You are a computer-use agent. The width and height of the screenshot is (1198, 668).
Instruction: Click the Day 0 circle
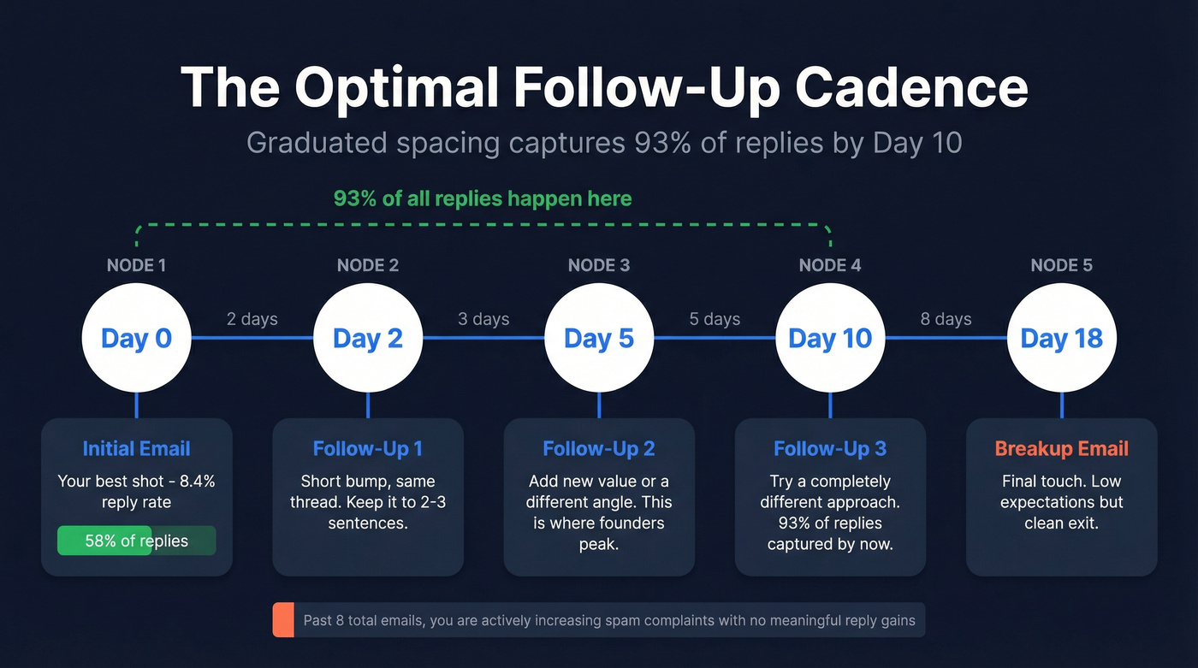click(136, 338)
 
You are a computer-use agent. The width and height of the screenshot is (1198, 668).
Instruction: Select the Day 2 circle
click(368, 338)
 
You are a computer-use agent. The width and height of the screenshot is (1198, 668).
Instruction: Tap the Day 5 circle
click(599, 338)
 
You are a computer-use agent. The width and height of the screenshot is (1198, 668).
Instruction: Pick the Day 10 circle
click(830, 338)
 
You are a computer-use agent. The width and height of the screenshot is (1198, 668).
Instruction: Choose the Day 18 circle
click(1061, 338)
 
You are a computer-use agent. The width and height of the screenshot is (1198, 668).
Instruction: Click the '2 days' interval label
click(252, 319)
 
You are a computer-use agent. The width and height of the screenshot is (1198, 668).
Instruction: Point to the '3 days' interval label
click(483, 319)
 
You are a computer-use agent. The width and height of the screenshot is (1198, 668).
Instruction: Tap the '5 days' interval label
click(715, 319)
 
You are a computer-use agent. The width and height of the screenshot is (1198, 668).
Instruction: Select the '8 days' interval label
click(946, 319)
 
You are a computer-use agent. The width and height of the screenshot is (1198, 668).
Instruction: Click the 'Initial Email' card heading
click(136, 449)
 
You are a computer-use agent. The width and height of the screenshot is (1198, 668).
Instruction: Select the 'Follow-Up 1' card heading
click(368, 449)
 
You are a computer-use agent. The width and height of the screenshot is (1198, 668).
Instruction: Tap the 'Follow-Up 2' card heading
click(599, 449)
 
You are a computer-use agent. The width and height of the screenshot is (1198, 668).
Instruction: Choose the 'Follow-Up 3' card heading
click(830, 449)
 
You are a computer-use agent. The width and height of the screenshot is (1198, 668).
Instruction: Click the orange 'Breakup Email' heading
click(1061, 449)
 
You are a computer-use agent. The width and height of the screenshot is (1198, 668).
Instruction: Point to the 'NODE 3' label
click(599, 265)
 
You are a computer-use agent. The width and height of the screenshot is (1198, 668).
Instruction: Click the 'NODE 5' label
click(1061, 265)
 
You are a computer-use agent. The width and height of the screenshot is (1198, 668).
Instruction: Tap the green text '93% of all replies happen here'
click(483, 199)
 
